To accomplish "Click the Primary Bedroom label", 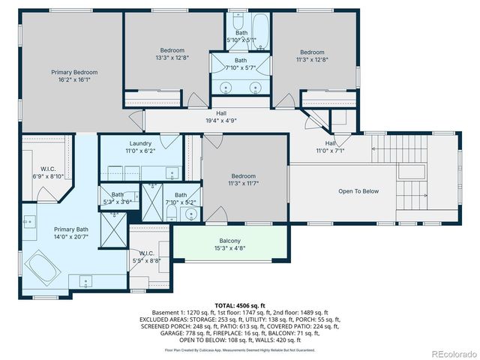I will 74,72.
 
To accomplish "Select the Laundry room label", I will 140,143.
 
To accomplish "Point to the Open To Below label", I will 358,191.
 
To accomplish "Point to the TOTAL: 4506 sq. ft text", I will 240,306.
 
